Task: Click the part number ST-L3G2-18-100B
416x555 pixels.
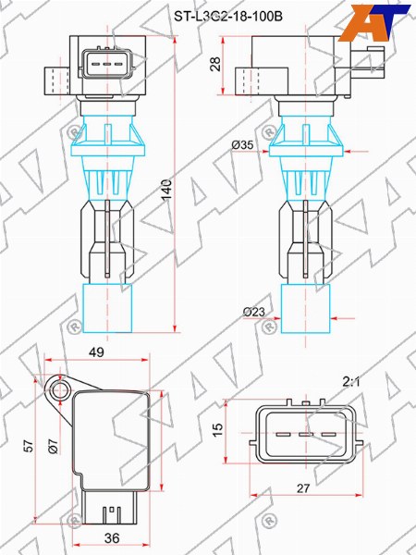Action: pos(228,17)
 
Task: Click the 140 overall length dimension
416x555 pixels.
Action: pos(167,191)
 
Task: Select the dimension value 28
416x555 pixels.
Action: pos(215,64)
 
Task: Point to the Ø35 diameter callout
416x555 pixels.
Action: pos(242,145)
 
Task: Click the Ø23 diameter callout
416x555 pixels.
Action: pos(254,312)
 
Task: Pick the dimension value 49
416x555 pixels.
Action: pos(96,352)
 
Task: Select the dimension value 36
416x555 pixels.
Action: pos(112,538)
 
